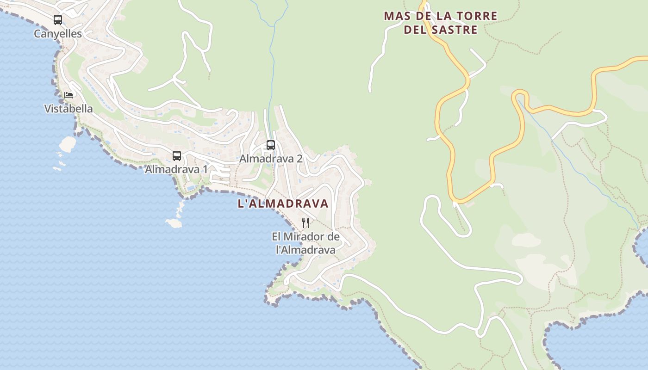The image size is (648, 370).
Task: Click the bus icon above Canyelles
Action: point(58,20)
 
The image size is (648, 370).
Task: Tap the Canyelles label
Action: point(58,34)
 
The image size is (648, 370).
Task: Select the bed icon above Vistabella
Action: point(69,95)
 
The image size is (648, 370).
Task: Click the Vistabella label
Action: point(69,109)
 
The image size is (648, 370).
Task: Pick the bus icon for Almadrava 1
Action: point(177,156)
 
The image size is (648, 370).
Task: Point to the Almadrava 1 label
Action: point(176,169)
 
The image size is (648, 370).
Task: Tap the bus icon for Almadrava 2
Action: point(271,145)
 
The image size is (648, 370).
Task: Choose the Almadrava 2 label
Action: point(271,159)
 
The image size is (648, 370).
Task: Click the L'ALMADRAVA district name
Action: point(283,203)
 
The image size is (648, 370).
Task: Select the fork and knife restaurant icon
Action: point(305,223)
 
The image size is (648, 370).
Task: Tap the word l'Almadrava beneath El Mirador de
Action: point(305,250)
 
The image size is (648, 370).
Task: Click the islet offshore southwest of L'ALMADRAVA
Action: point(174,223)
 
